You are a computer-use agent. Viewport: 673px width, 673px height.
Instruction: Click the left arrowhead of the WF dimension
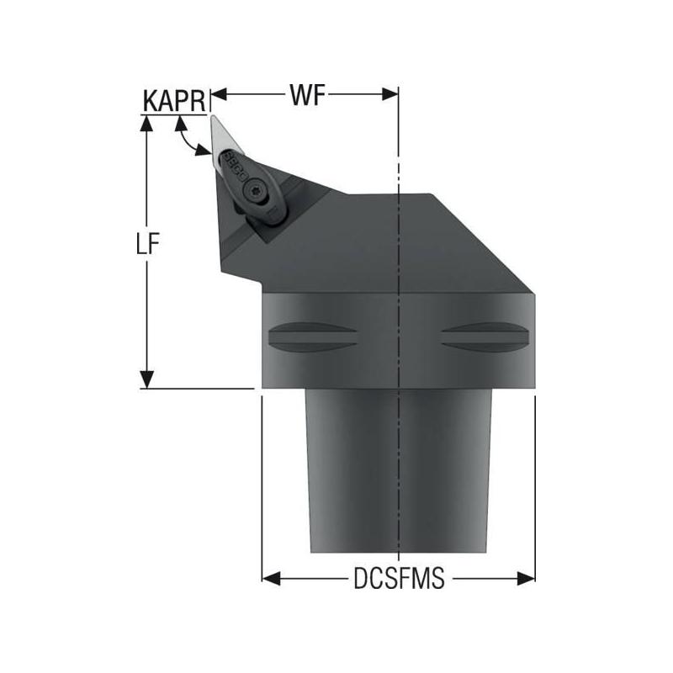coord(216,94)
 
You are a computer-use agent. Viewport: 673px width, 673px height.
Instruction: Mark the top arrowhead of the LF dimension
coord(147,123)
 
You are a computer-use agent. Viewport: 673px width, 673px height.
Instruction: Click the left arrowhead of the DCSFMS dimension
coord(269,578)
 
